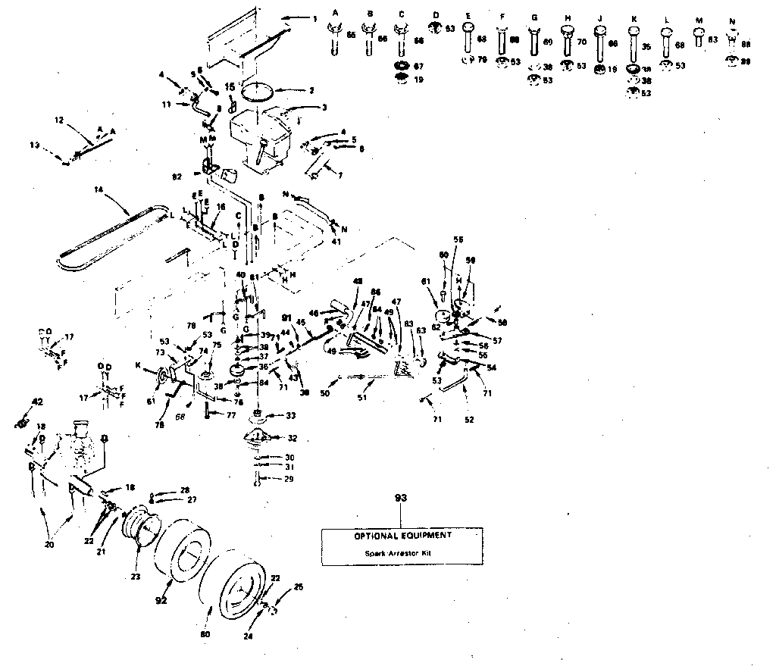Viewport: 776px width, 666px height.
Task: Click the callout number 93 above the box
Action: pyautogui.click(x=401, y=498)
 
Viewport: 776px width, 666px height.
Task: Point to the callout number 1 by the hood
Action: pyautogui.click(x=315, y=18)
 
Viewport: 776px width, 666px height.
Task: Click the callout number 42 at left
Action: pyautogui.click(x=36, y=402)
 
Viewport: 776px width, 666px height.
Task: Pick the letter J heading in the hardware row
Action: pyautogui.click(x=599, y=16)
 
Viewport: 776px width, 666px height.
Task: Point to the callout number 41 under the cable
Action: pyautogui.click(x=336, y=242)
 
